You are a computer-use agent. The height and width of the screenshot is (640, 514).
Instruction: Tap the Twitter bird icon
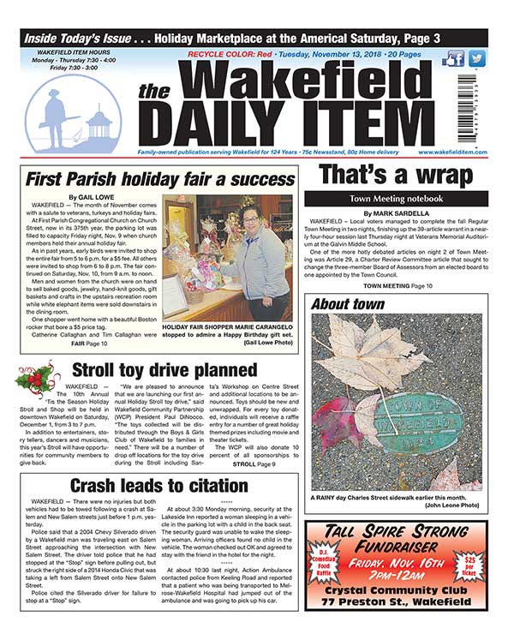coord(476,59)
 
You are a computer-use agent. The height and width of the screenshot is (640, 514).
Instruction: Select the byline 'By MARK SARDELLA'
coord(395,212)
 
